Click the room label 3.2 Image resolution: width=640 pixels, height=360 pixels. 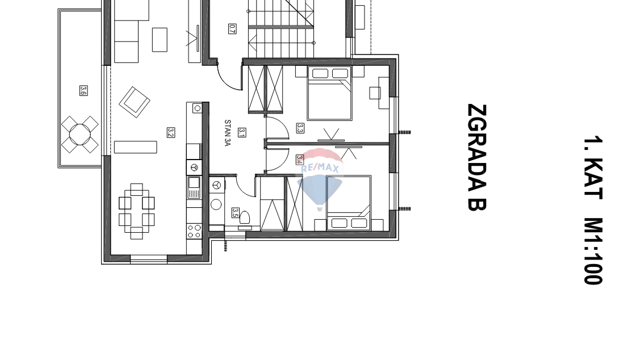(171, 133)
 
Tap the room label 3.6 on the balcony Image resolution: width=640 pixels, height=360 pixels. (83, 91)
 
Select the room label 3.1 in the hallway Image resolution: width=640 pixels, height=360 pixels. (242, 133)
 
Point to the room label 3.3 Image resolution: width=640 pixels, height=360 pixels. (300, 128)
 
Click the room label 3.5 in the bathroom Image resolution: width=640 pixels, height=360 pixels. (236, 213)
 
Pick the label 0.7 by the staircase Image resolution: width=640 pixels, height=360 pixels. (232, 28)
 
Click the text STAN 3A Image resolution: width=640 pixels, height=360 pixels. (228, 133)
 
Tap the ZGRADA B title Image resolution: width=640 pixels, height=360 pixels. (477, 157)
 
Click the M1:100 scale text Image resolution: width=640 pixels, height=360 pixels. (593, 251)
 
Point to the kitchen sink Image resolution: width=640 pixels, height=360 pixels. (194, 187)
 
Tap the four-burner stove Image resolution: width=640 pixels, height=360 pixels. (194, 231)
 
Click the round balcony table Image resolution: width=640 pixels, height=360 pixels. (80, 134)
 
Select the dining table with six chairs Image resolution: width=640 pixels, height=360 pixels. (137, 211)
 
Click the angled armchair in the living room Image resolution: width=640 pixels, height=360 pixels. (134, 102)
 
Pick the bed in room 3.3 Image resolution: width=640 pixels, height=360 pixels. (330, 94)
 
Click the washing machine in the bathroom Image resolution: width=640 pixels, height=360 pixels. (217, 204)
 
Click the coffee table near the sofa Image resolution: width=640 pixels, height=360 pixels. (160, 40)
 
